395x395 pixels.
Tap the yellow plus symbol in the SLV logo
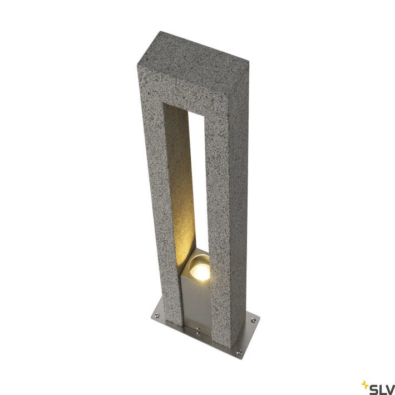tap(364, 384)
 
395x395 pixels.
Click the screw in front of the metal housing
tap(198, 329)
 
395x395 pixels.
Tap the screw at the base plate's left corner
tap(157, 315)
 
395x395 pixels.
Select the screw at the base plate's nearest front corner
tap(239, 352)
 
